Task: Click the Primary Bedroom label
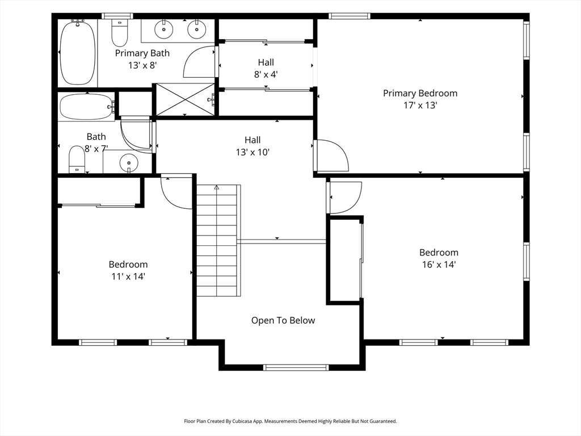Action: click(x=420, y=93)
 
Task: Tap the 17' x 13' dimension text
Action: click(x=420, y=105)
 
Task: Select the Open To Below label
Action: click(x=283, y=320)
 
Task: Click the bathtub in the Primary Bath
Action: click(x=77, y=52)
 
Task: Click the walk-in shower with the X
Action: click(x=184, y=99)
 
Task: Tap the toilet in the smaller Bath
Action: click(x=77, y=160)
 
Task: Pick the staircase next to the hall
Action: click(x=218, y=240)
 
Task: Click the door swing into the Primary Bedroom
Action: click(x=331, y=156)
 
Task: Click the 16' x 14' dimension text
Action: click(x=439, y=265)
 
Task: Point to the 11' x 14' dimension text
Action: click(x=128, y=276)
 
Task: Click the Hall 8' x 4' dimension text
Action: click(x=266, y=74)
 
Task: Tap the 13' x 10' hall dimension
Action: click(x=252, y=152)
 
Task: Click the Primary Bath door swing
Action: click(x=199, y=62)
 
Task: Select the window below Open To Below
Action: click(x=296, y=367)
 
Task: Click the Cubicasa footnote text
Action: click(x=290, y=421)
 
